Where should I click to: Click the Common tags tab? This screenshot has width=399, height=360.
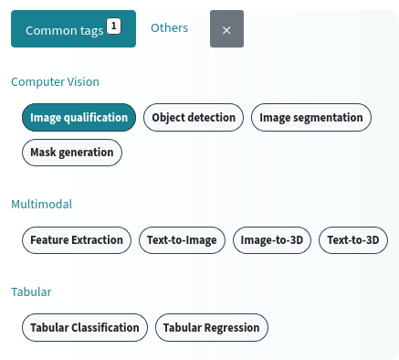pos(64,29)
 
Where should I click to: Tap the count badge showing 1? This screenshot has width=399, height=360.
pos(113,26)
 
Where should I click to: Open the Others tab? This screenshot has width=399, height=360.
pos(169,28)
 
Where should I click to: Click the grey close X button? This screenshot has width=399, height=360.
pos(226,29)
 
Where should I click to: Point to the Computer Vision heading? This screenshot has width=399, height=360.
pos(55,81)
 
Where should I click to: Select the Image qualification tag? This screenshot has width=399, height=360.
pos(79,117)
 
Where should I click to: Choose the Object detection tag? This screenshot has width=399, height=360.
pos(194,117)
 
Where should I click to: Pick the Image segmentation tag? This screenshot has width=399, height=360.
pos(310,117)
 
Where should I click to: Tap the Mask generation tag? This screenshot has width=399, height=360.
pos(71,152)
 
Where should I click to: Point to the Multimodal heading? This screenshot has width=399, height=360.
pos(41,204)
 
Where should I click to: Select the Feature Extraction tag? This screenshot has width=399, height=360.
pos(76,240)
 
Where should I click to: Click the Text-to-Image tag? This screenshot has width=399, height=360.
pos(182,240)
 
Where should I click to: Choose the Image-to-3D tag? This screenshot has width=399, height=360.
pos(273,240)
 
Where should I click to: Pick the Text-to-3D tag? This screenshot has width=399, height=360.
pos(352,240)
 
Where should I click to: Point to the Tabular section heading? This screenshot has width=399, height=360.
pos(31,291)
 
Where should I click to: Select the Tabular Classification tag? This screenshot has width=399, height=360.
pos(84,327)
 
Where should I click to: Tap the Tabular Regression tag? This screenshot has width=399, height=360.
pos(211,327)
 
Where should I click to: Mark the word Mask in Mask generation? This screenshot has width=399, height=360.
pos(44,152)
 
